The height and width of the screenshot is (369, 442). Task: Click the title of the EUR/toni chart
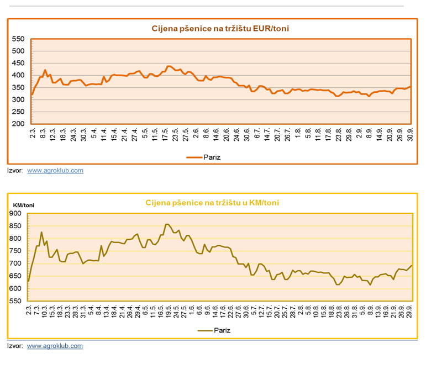(220, 28)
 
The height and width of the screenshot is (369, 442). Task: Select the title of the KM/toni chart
(212, 203)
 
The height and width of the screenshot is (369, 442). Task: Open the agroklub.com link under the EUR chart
(55, 171)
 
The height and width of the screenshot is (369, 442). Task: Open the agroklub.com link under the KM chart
(55, 346)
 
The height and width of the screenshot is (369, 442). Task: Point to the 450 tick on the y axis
(18, 63)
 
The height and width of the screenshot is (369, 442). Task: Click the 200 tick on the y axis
(18, 124)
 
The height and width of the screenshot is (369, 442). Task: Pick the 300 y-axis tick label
(18, 99)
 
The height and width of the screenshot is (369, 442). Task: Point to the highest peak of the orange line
(169, 66)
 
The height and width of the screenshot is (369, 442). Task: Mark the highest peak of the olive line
(167, 224)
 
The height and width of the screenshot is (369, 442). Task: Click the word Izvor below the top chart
(14, 171)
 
